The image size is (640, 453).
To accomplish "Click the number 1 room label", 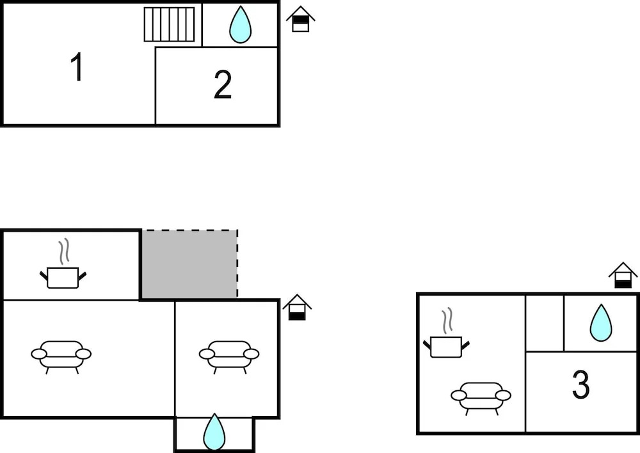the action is (x=77, y=67).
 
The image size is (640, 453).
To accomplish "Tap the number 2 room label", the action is (x=223, y=84).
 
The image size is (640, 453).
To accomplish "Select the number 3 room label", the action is (x=580, y=385).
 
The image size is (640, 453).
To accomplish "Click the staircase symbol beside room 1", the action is (x=169, y=24).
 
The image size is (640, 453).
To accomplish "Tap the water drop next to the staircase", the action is (x=240, y=26).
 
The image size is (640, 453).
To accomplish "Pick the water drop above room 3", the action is (x=601, y=323).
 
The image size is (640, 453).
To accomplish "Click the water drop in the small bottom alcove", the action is (x=214, y=433).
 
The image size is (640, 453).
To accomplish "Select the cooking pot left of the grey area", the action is (x=63, y=278).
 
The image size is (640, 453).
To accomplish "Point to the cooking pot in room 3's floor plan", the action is (x=446, y=347).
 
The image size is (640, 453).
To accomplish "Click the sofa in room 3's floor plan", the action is (x=481, y=399).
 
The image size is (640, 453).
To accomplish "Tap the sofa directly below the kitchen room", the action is (x=61, y=357).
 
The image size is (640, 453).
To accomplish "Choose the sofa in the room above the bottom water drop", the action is (x=229, y=357).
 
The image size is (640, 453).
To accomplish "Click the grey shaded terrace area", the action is (x=189, y=264).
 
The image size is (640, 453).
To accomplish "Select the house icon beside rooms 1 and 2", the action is (x=300, y=19).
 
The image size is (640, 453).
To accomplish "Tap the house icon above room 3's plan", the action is (x=623, y=276).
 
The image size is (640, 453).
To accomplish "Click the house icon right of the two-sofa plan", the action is (x=297, y=307).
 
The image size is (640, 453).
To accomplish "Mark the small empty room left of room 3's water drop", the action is (x=545, y=323).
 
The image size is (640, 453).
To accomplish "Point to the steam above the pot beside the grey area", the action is (x=63, y=251).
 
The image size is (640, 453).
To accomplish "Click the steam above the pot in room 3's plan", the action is (x=447, y=319).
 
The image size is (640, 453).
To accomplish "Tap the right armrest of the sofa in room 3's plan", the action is (x=503, y=395).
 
